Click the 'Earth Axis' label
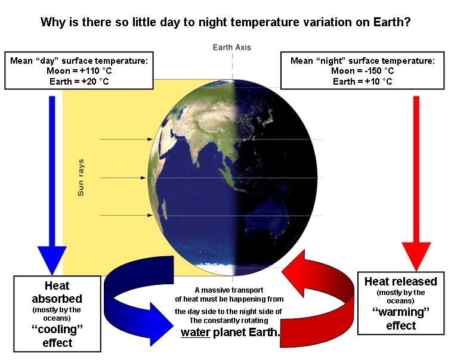(x=231, y=47)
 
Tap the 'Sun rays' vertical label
(x=81, y=178)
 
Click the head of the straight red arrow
(x=416, y=256)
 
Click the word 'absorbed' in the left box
(x=57, y=299)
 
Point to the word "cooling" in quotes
(x=57, y=329)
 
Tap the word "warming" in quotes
(x=401, y=312)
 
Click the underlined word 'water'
(x=196, y=333)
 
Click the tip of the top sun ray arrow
(x=152, y=139)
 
